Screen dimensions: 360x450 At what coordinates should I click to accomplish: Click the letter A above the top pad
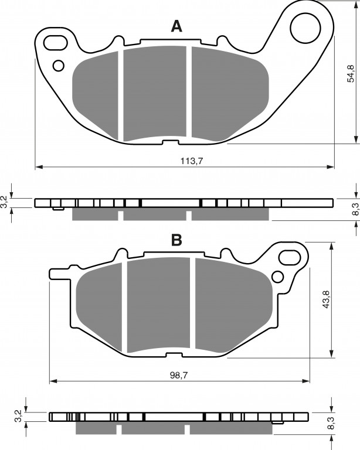(x=176, y=26)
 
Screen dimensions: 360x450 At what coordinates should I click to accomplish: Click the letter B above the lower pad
(x=176, y=240)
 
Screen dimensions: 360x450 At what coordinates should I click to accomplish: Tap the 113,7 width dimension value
(x=192, y=161)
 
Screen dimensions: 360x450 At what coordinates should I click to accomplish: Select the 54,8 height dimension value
(x=351, y=74)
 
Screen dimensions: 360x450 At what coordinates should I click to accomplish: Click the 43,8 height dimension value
(x=325, y=299)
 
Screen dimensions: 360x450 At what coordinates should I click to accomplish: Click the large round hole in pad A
(x=305, y=28)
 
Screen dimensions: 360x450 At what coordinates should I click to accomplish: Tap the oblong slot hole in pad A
(x=56, y=42)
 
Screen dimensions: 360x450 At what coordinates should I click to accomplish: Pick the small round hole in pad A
(x=59, y=66)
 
